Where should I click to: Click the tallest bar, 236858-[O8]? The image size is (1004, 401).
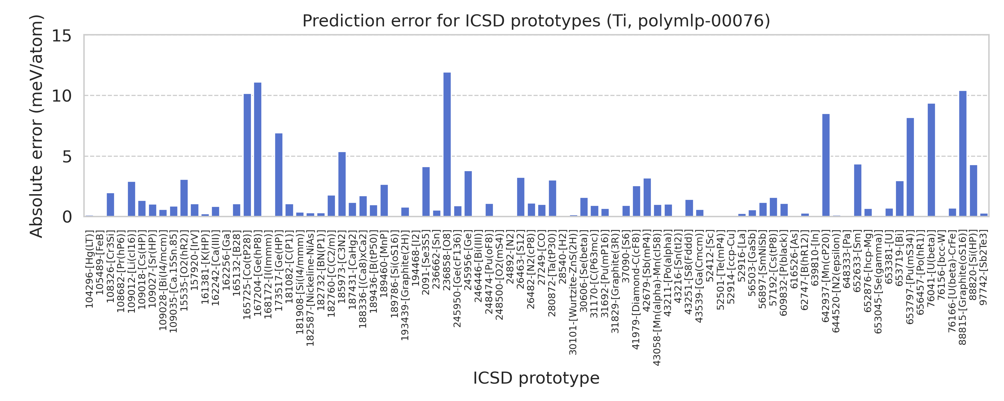pyautogui.click(x=447, y=144)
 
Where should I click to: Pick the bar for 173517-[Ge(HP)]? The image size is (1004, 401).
pyautogui.click(x=279, y=175)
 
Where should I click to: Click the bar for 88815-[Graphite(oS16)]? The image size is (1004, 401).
pyautogui.click(x=963, y=153)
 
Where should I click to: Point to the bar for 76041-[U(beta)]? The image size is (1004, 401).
pyautogui.click(x=931, y=160)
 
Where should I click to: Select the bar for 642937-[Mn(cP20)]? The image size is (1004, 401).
pyautogui.click(x=826, y=165)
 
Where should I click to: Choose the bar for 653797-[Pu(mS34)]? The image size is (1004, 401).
pyautogui.click(x=910, y=167)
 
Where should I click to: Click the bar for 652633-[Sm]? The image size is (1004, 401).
pyautogui.click(x=857, y=190)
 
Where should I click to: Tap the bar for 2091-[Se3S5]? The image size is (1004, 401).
pyautogui.click(x=426, y=191)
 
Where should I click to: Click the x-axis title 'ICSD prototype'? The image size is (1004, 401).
pyautogui.click(x=536, y=378)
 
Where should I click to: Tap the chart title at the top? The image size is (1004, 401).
pyautogui.click(x=536, y=21)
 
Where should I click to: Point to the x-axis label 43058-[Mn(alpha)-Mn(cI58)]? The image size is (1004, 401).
pyautogui.click(x=657, y=298)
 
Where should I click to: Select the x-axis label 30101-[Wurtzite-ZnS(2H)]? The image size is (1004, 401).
pyautogui.click(x=573, y=292)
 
